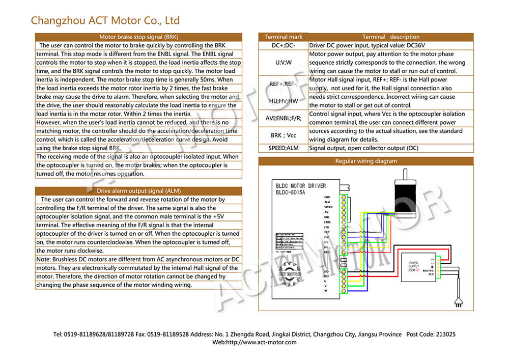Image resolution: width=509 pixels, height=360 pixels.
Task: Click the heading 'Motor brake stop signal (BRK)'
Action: pos(138,37)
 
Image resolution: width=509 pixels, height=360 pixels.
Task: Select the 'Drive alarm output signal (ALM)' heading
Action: pos(138,191)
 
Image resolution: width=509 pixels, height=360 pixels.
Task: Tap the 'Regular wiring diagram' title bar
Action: pos(365,161)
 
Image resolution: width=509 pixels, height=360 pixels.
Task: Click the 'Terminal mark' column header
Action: pos(284,37)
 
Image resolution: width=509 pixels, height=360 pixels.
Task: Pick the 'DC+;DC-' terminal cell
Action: pos(284,45)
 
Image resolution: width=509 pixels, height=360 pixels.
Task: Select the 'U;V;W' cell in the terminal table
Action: pos(284,63)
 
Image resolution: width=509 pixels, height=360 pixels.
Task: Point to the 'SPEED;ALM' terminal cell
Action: pos(284,148)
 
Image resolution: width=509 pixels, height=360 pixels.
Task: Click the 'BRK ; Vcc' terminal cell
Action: pos(284,135)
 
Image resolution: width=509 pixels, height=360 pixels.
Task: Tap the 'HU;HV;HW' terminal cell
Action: pos(284,101)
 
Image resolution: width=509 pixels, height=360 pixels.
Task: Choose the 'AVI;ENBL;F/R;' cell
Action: pos(284,118)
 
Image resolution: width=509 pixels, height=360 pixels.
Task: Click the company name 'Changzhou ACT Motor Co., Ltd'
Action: pos(105,20)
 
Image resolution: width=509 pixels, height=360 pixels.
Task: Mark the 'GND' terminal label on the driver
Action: pos(327,197)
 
